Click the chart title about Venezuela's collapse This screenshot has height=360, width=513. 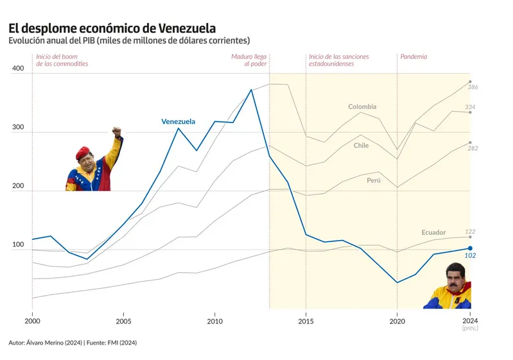pos(112,28)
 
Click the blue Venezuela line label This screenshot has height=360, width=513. pos(178,121)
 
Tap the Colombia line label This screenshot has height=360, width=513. pos(362,107)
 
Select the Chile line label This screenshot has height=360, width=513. pos(361,146)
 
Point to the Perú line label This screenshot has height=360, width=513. pos(374,180)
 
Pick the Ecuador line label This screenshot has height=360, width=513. pos(433,232)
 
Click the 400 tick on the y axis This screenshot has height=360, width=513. pos(18,69)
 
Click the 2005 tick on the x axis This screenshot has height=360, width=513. pos(124,320)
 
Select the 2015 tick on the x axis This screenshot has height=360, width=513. pos(306,320)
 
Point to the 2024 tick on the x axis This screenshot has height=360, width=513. pos(470,320)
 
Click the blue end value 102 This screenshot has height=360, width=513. pos(470,255)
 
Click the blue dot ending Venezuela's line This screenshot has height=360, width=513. pos(470,248)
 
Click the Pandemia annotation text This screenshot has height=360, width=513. pos(413,56)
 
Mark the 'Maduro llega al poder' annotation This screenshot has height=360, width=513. pos(249,60)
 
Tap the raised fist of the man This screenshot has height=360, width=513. pos(116,132)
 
